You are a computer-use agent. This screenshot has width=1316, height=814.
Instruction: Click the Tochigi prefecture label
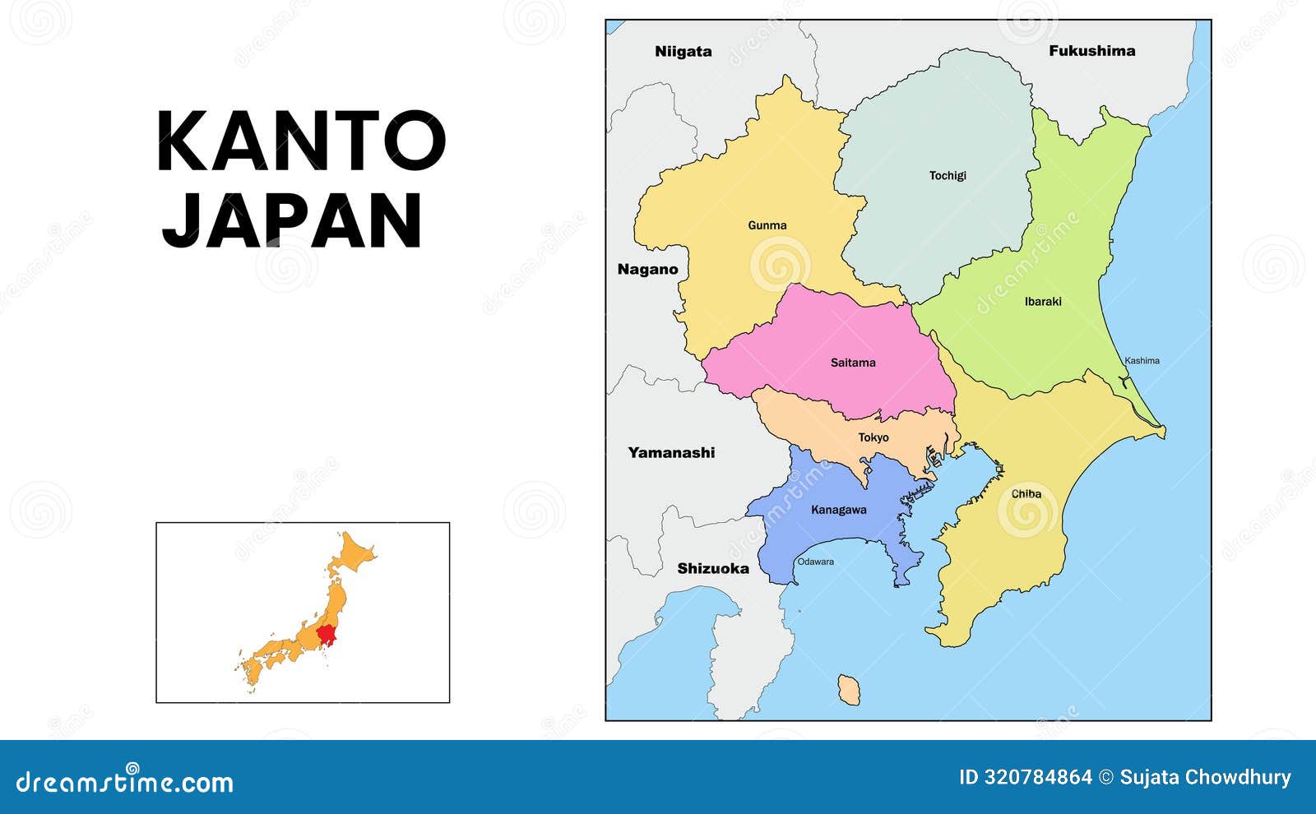coord(948,175)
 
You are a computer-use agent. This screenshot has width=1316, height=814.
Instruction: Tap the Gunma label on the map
coord(767,225)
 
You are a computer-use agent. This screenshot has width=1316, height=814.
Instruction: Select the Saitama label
coord(853,363)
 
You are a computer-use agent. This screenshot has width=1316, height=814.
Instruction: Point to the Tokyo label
coord(873,437)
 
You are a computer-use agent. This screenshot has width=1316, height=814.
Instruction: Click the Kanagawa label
coord(838,510)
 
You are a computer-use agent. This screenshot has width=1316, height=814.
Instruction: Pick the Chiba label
coord(1026,494)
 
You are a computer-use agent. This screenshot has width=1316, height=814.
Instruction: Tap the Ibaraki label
coord(1043,302)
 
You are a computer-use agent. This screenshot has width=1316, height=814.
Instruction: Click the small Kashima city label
coord(1142,361)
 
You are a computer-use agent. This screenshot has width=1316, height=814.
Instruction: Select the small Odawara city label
coord(815,562)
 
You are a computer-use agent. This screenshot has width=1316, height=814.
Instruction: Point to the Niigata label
coord(683,52)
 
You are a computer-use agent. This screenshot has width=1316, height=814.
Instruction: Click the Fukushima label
coord(1091,51)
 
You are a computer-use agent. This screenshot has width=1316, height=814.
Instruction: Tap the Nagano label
coord(647,270)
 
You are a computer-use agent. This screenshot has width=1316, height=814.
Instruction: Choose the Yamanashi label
coord(671,452)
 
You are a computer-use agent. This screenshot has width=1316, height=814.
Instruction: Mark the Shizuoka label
coord(713,568)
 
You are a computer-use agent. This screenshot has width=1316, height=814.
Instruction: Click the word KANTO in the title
coord(301,141)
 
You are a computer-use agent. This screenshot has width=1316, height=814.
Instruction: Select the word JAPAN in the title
coord(292,220)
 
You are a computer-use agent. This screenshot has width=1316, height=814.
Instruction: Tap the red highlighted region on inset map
coord(328,634)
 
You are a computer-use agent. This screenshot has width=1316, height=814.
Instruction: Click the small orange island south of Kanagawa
coord(849,689)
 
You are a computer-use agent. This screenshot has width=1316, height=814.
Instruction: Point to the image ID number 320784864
coord(1038,777)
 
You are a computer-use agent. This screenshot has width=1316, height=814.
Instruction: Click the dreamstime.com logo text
coord(125,781)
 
